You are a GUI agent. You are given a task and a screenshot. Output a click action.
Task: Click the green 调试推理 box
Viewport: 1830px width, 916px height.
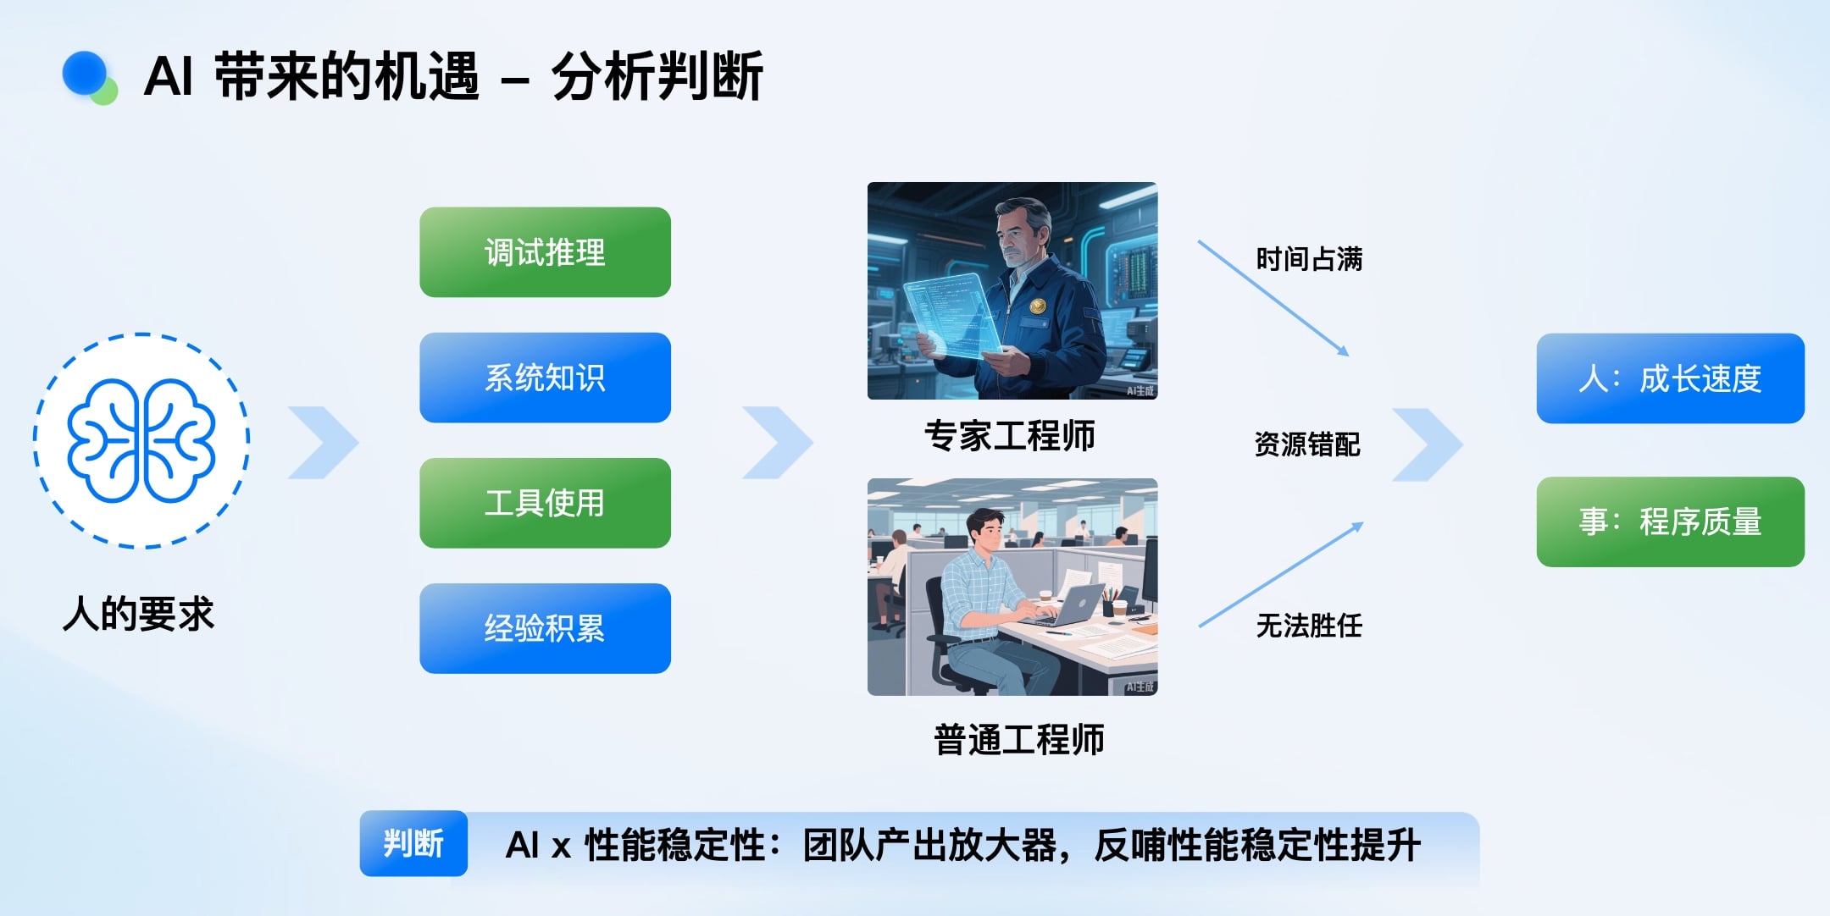point(545,252)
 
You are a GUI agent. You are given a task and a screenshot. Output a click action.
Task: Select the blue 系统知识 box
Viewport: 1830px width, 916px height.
point(545,378)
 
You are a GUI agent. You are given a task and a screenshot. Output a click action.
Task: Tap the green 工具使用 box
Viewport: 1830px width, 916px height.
point(545,503)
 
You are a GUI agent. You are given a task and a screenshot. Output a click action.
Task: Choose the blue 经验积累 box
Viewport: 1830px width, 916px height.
point(545,628)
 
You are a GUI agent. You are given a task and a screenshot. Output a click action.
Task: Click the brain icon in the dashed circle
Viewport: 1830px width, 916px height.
point(141,439)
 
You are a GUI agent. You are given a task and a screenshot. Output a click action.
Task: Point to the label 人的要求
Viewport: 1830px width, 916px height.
point(139,614)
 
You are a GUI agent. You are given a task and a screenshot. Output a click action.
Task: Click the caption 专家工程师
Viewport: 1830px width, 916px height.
point(1010,436)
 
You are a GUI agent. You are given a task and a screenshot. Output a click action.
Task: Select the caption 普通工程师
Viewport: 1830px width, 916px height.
point(1019,740)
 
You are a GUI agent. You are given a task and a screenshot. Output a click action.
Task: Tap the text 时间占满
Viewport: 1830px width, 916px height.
point(1309,259)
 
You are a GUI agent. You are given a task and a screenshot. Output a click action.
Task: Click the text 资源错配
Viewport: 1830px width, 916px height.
point(1307,444)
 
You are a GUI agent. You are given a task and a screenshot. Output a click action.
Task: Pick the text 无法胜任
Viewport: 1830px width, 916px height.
point(1309,626)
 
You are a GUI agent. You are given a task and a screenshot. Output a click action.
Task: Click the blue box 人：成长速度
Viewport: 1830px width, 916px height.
point(1671,378)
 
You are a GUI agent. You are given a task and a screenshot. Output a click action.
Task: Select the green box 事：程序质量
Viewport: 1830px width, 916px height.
point(1671,521)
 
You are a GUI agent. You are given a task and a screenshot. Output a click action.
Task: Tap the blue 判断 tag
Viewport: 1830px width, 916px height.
point(413,843)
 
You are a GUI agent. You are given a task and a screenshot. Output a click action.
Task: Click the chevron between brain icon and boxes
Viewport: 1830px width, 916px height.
point(324,443)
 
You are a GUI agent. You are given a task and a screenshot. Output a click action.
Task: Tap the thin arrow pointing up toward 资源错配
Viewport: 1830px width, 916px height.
point(1281,575)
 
